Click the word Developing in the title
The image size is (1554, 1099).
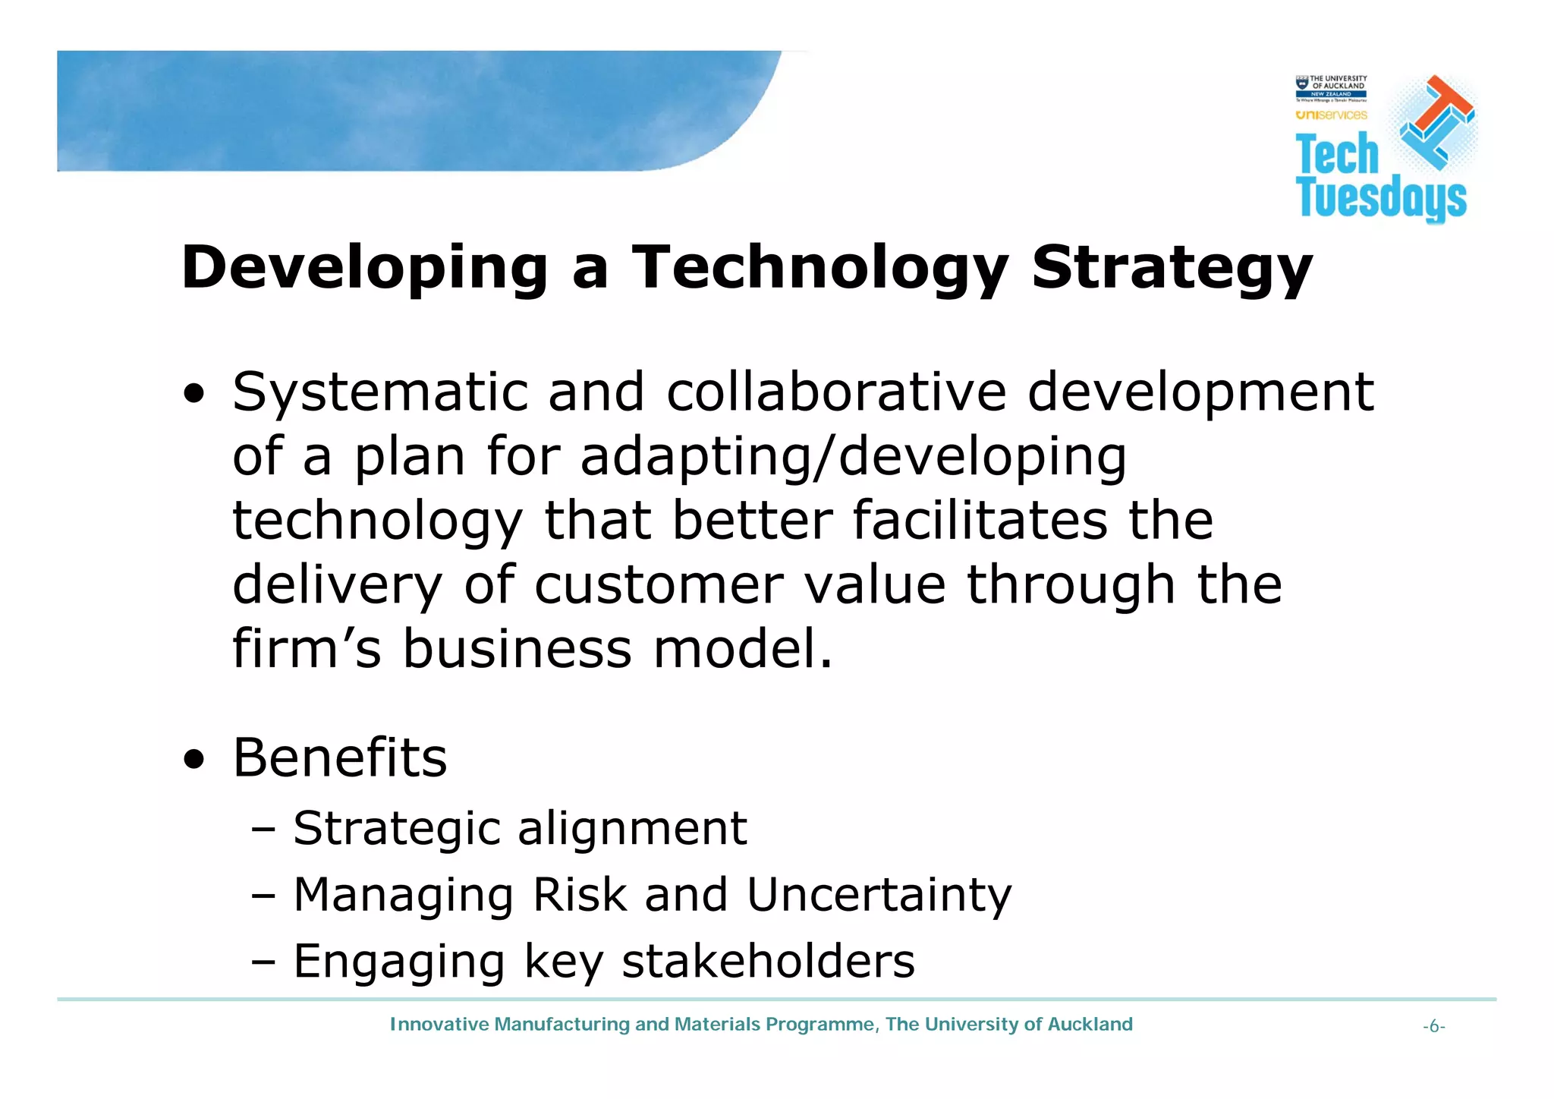(x=364, y=268)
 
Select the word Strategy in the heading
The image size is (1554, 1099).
(x=1172, y=268)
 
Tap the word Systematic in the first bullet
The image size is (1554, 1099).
(x=379, y=392)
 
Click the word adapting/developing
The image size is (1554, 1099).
(x=853, y=458)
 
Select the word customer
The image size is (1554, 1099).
(x=659, y=585)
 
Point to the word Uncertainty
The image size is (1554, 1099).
(x=879, y=895)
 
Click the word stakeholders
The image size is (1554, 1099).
(x=768, y=961)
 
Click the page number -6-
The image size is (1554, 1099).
(x=1433, y=1027)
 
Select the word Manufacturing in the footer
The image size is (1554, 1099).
(x=562, y=1025)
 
